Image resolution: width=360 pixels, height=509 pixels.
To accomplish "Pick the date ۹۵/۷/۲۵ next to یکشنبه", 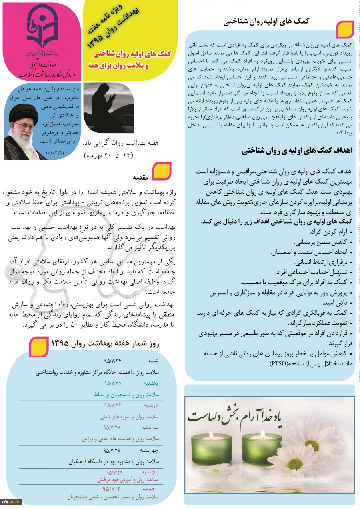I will click(x=112, y=383).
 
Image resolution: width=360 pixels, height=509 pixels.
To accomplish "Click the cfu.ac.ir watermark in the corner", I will click(x=10, y=503).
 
